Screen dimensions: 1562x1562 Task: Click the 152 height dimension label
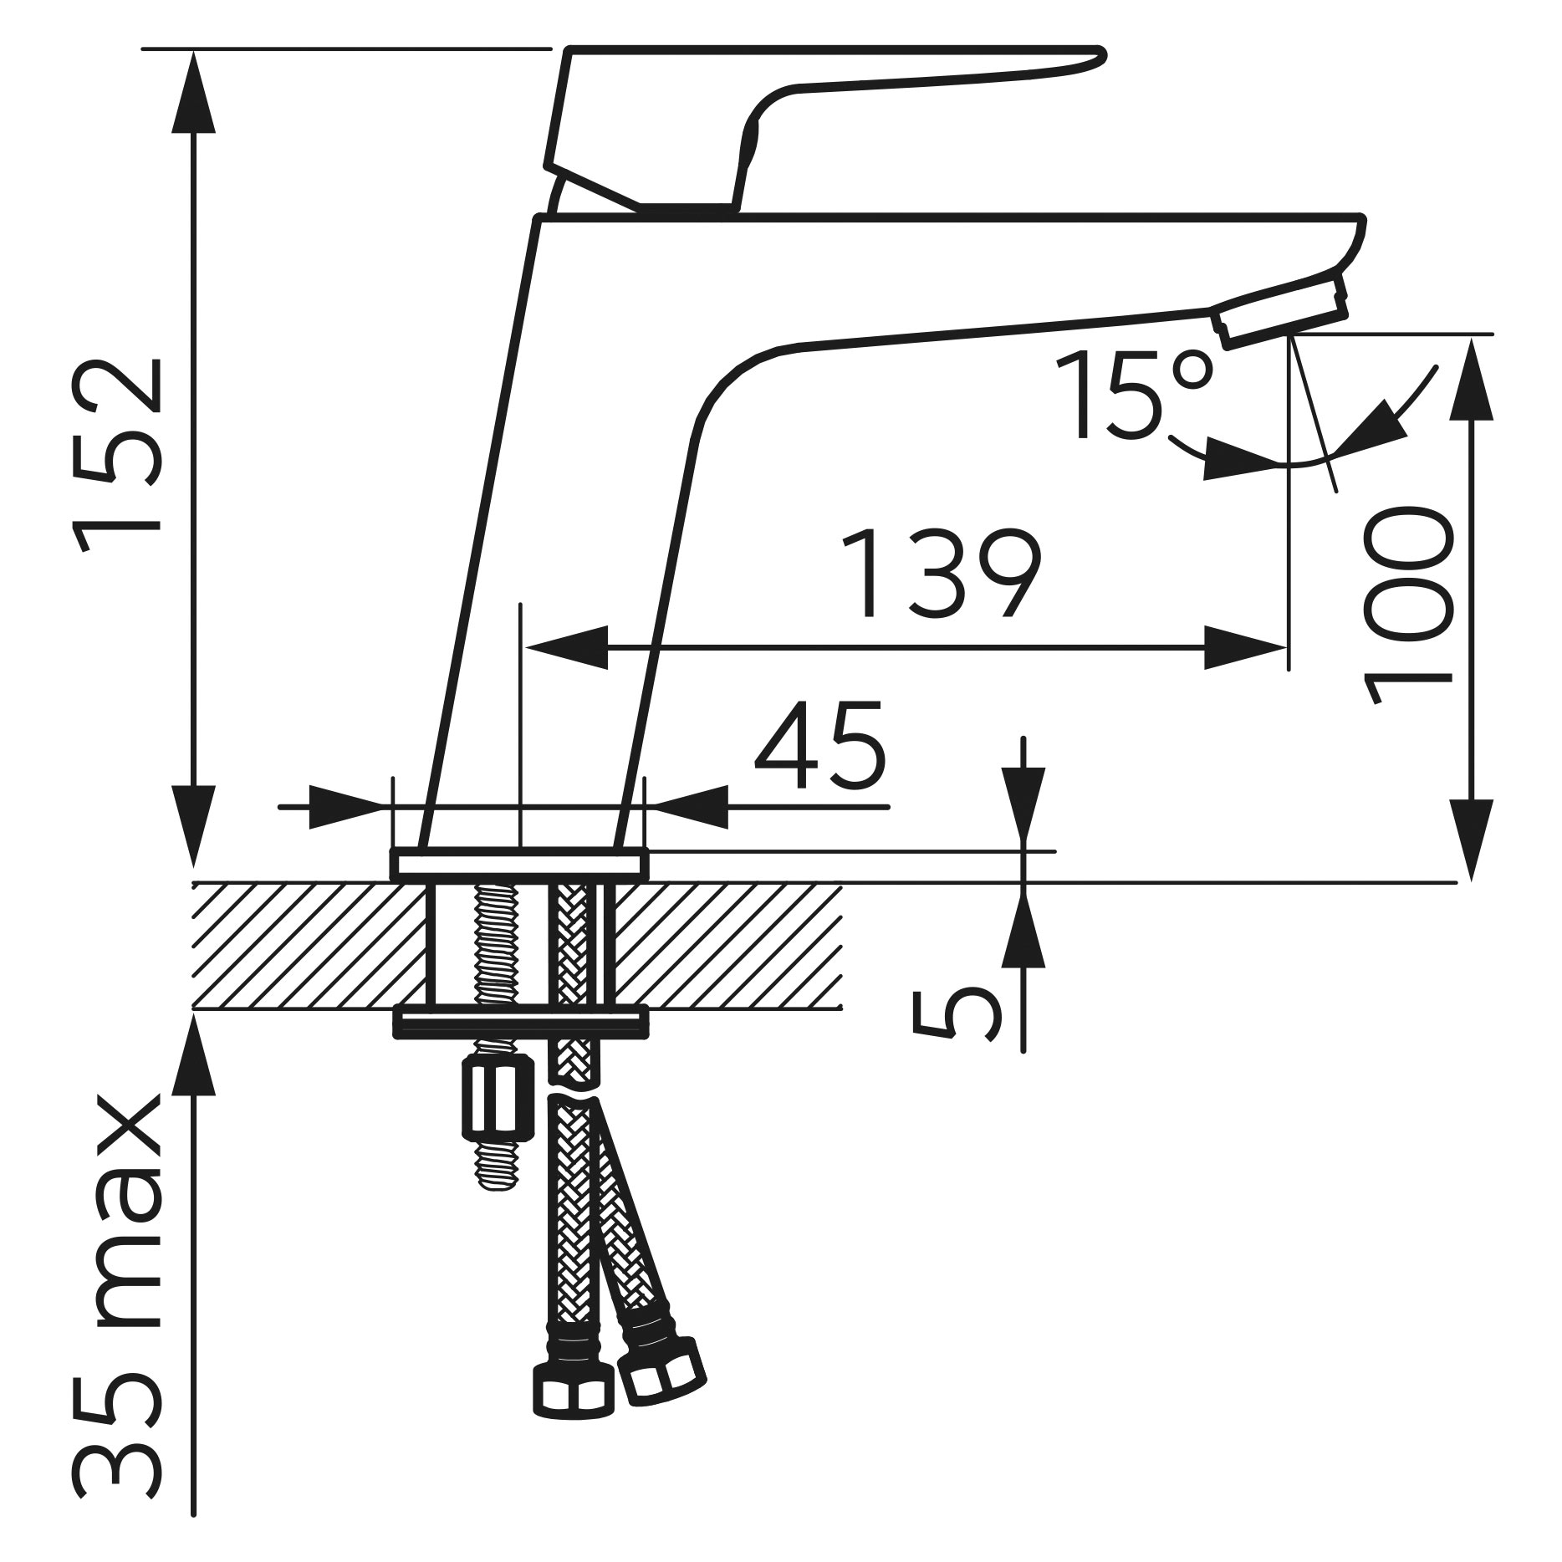click(x=117, y=456)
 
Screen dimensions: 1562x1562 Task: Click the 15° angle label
click(x=1133, y=394)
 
